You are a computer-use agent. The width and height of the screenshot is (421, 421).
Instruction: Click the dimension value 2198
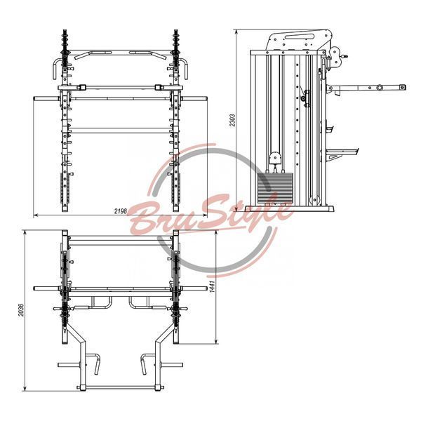click(x=120, y=211)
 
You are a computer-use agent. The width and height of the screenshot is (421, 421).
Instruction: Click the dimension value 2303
click(x=232, y=120)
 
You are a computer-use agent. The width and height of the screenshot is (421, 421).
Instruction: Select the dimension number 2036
click(x=21, y=310)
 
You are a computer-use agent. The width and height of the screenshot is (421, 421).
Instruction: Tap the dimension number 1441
click(x=213, y=287)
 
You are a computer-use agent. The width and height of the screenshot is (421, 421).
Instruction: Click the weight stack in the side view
click(x=275, y=188)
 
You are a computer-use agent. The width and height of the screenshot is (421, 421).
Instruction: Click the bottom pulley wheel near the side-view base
click(x=314, y=200)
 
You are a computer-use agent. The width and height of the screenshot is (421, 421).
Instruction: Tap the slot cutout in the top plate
click(x=300, y=36)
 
